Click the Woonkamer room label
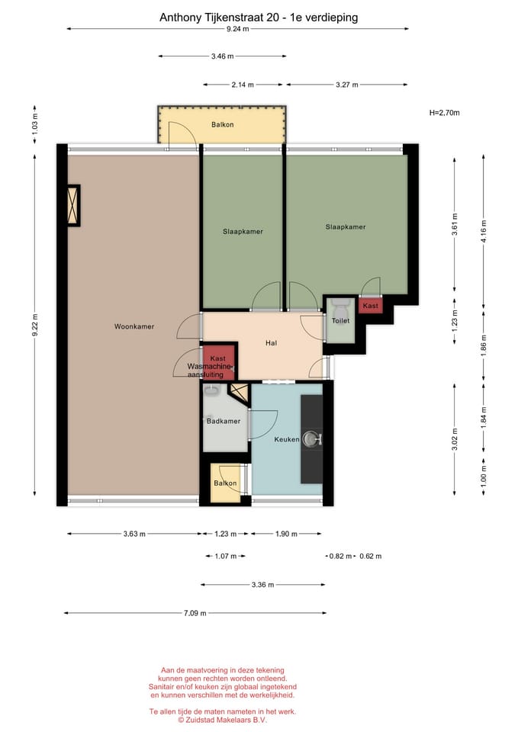point(134,327)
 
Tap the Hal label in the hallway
point(271,343)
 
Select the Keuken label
point(286,439)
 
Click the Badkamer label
point(224,421)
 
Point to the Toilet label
point(340,321)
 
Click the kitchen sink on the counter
point(311,439)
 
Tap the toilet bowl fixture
point(340,307)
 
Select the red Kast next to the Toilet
point(371,306)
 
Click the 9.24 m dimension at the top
point(238,29)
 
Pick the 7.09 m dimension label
point(195,613)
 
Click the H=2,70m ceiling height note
point(444,113)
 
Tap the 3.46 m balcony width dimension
point(222,56)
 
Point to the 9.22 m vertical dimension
point(35,326)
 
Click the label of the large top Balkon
point(222,124)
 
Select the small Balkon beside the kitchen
point(225,483)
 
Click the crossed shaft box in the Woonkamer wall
point(74,206)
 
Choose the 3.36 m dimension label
point(262,585)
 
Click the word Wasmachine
point(209,367)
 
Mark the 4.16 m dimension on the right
point(484,232)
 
